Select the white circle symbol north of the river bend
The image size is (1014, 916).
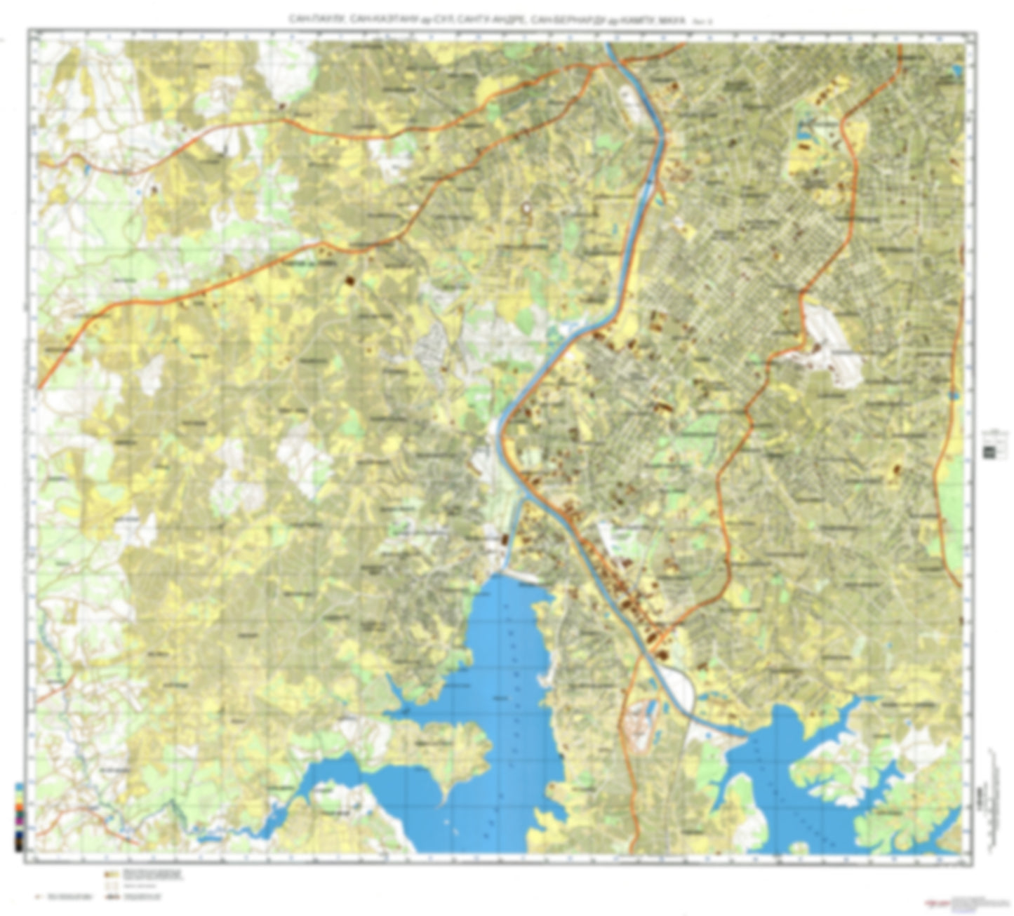tap(526, 208)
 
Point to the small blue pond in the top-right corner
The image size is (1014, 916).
tap(957, 70)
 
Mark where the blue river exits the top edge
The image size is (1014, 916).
tap(609, 45)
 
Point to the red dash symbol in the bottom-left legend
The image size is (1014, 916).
tap(39, 896)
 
